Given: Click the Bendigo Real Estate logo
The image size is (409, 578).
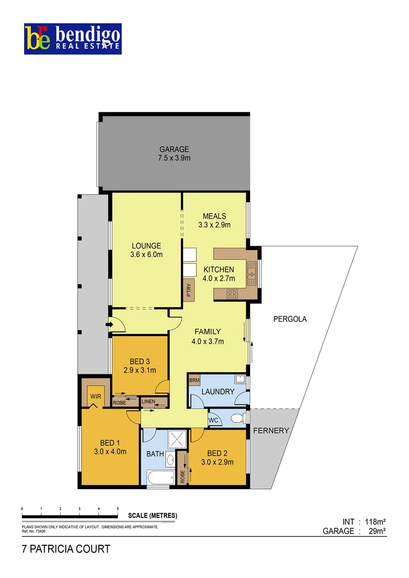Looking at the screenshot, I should (73, 39).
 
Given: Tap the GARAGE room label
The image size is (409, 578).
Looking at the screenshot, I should (174, 149).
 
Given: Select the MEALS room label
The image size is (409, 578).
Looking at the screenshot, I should (214, 216).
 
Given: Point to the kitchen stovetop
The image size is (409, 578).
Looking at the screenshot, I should (233, 293).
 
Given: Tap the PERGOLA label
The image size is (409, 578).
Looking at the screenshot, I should (290, 319).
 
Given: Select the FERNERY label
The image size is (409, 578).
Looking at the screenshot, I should (271, 430).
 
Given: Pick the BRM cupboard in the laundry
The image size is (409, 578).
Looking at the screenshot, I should (194, 381).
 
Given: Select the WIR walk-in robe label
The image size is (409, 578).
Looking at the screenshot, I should (96, 397).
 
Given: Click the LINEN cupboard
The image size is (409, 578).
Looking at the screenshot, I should (148, 401).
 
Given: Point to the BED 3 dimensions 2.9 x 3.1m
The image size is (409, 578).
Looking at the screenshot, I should (140, 370).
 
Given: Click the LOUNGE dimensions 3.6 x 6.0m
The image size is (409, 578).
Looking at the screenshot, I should (146, 255).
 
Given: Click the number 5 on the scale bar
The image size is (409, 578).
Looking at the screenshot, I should (118, 508).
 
